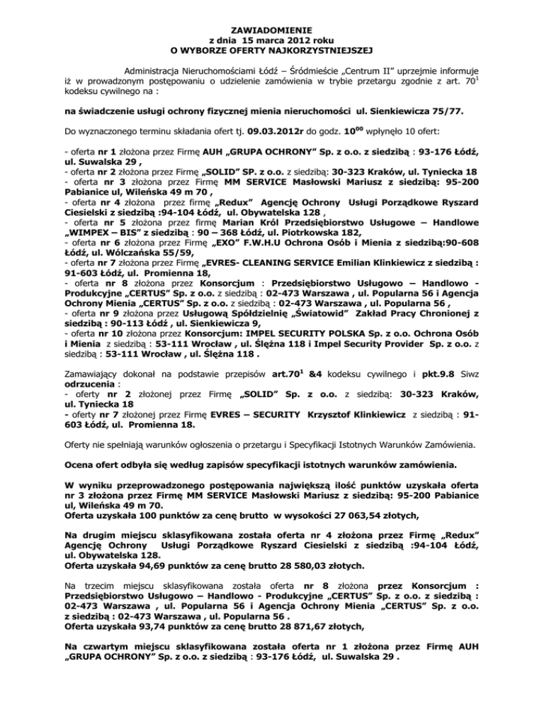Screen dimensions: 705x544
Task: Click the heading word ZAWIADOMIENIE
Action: tap(272, 28)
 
